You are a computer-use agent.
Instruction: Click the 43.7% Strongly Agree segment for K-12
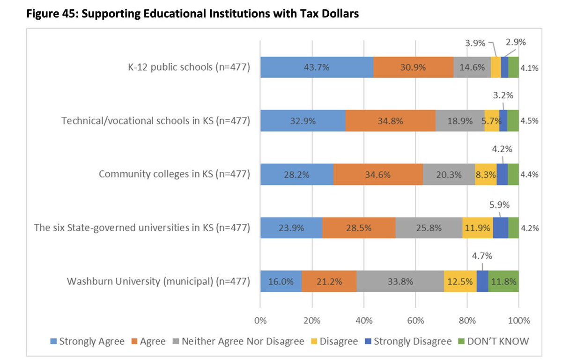pyautogui.click(x=317, y=67)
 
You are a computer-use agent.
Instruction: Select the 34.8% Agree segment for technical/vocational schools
pyautogui.click(x=390, y=121)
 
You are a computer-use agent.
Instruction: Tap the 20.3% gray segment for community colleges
pyautogui.click(x=448, y=175)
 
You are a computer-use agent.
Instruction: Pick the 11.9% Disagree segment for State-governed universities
pyautogui.click(x=477, y=228)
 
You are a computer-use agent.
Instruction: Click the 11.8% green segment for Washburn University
pyautogui.click(x=503, y=282)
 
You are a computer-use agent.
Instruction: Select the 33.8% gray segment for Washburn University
pyautogui.click(x=400, y=282)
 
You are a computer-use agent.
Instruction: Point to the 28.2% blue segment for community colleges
pyautogui.click(x=296, y=175)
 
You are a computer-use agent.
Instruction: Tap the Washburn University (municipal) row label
pyautogui.click(x=158, y=282)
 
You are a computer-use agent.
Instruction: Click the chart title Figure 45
pyautogui.click(x=192, y=14)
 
